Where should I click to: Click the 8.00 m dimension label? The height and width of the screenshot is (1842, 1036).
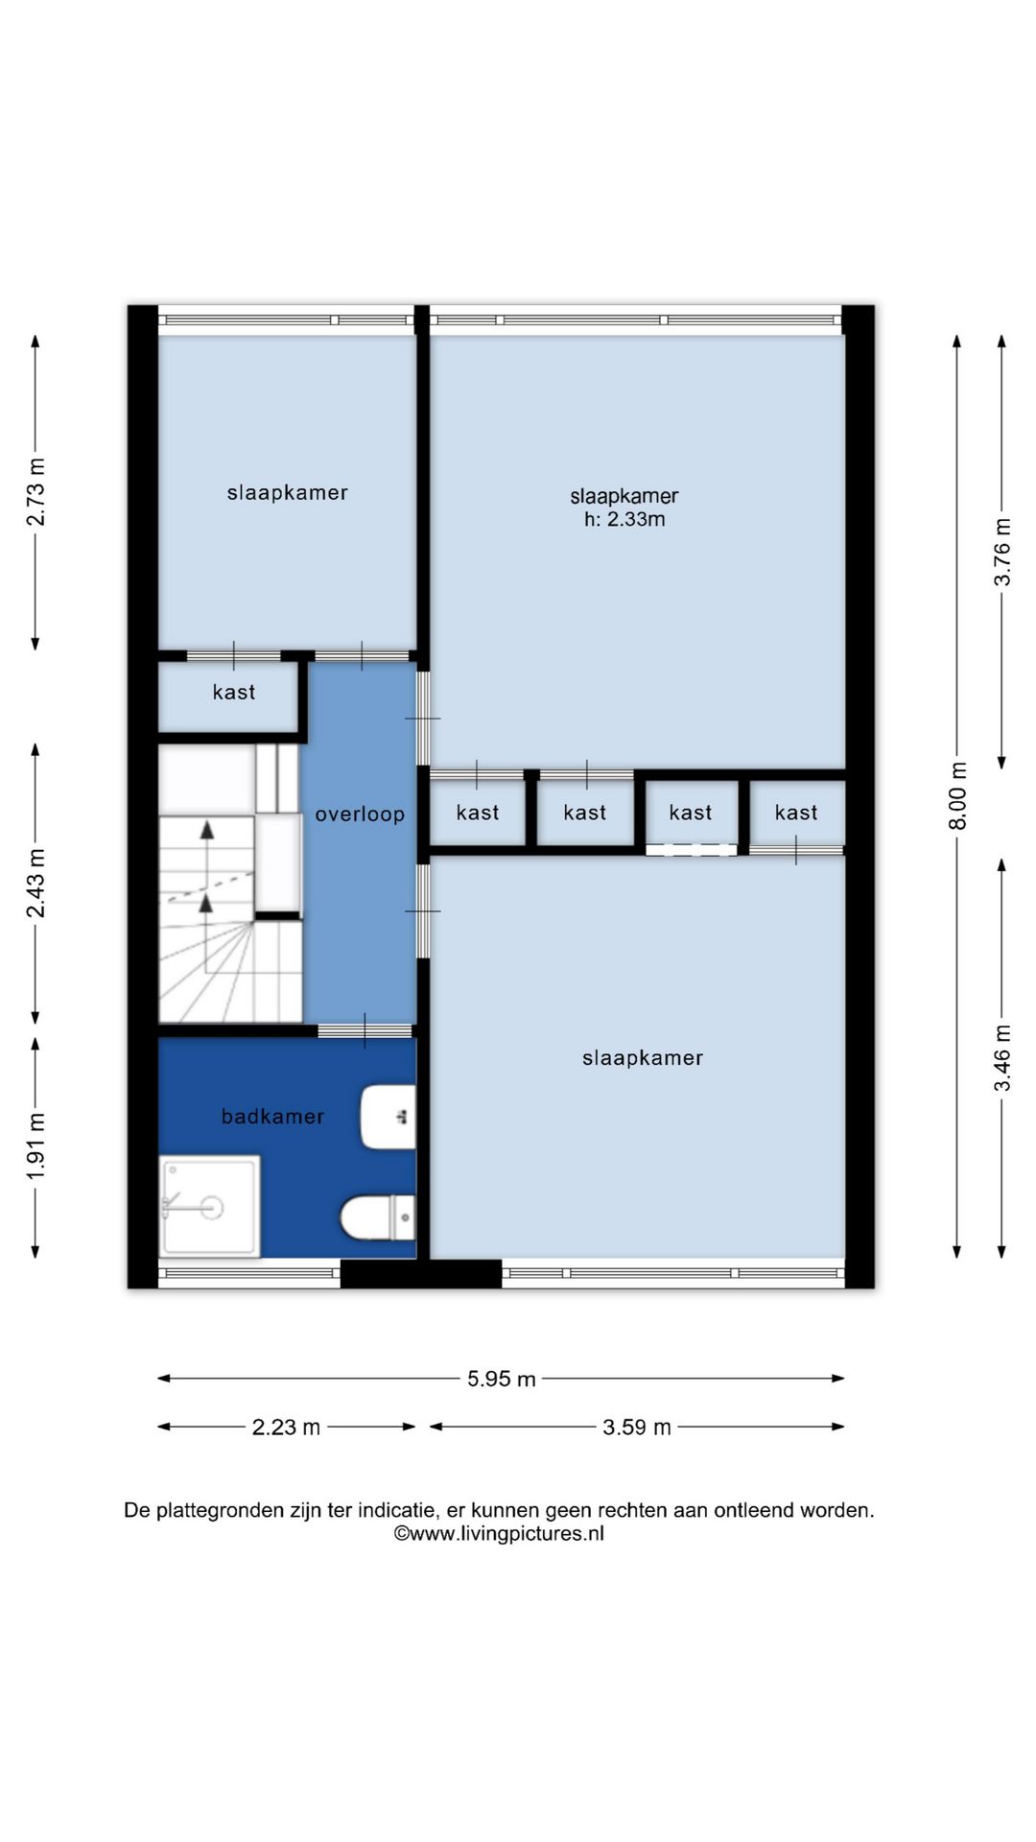[958, 795]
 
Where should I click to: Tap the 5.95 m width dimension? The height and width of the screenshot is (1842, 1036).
[502, 1380]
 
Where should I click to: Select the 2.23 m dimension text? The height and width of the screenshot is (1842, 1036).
[286, 1428]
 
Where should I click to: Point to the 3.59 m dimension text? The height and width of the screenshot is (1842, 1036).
[637, 1428]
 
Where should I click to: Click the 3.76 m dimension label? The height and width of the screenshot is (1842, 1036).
[1002, 552]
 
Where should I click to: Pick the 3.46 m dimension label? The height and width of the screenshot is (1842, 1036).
[1002, 1057]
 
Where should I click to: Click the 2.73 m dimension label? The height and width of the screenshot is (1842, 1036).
[35, 491]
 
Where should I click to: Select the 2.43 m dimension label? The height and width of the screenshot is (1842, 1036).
[35, 883]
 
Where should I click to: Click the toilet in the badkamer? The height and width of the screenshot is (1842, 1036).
[379, 1217]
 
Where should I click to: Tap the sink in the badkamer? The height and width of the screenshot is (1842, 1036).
[388, 1117]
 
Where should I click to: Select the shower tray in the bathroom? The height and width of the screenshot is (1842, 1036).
[210, 1206]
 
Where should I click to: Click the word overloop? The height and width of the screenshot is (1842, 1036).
[360, 815]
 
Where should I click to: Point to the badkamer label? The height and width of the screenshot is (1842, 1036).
[272, 1116]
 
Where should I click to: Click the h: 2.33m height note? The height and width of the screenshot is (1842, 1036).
[624, 519]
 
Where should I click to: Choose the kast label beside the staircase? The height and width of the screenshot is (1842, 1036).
[234, 692]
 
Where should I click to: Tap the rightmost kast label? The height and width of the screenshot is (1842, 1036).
[796, 813]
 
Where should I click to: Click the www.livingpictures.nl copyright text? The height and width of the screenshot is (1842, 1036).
[499, 1533]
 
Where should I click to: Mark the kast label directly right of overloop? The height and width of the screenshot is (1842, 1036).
[478, 813]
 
